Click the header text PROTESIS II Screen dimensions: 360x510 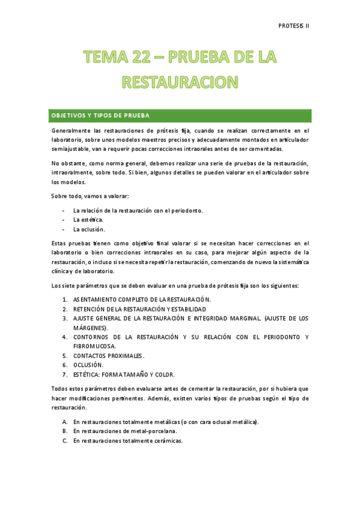click(294, 26)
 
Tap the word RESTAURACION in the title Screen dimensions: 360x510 click(180, 81)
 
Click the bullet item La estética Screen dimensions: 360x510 click(88, 220)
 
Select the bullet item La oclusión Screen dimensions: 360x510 click(89, 229)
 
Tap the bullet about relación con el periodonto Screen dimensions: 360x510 click(138, 210)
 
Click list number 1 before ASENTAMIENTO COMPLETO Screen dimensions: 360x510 click(64, 300)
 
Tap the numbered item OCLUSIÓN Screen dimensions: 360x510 click(88, 365)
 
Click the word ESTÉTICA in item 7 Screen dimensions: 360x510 click(87, 375)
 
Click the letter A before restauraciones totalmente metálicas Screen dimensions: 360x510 click(64, 422)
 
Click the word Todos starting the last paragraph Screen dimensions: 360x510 click(61, 389)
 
